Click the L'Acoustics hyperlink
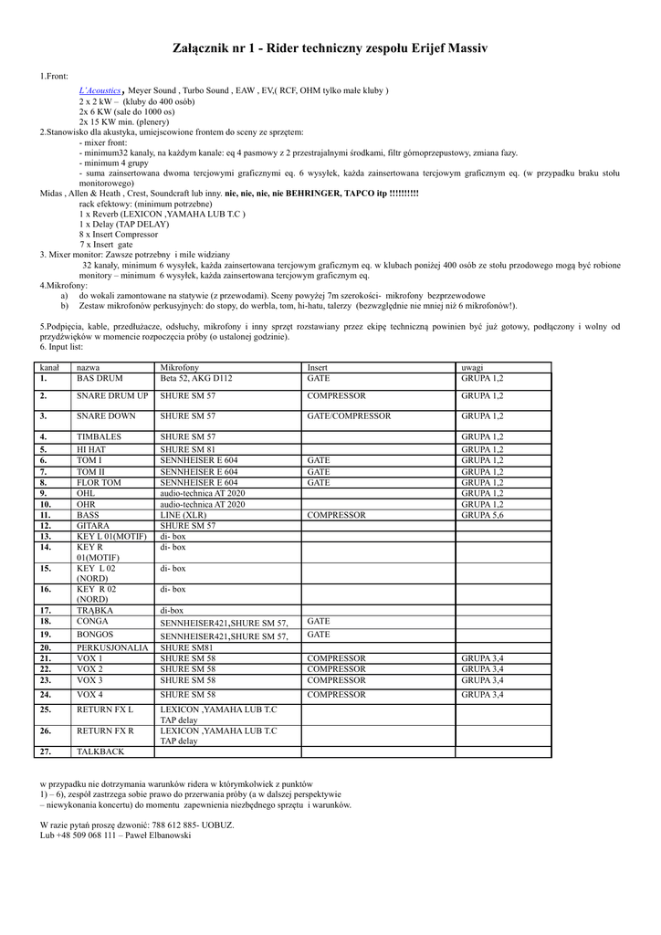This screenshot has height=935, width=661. point(100,91)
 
